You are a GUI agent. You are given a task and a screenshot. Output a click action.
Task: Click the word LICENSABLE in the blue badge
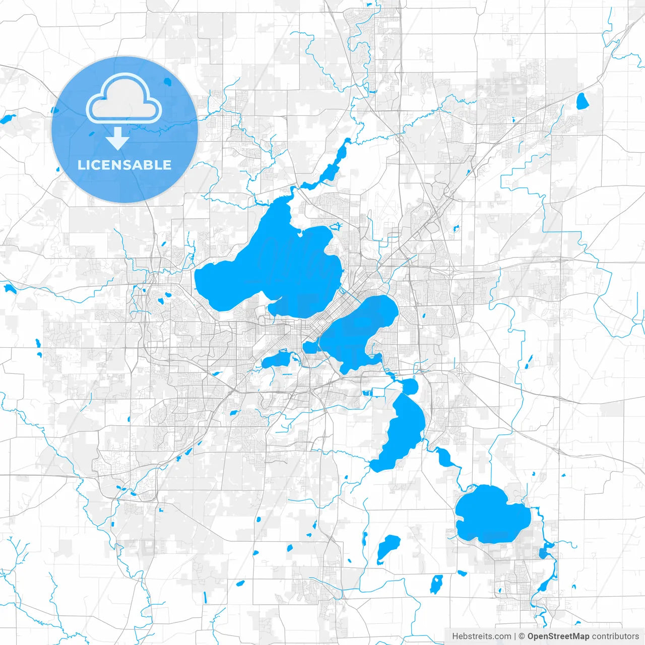(x=124, y=165)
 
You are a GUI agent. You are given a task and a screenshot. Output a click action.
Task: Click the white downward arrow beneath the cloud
(x=117, y=139)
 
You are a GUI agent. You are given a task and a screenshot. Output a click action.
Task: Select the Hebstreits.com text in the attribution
(x=481, y=636)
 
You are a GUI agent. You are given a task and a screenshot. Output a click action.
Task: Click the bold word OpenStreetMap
(x=558, y=636)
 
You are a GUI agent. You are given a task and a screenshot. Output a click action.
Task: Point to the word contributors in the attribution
(x=615, y=636)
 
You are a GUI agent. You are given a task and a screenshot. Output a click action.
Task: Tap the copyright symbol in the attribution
(x=522, y=636)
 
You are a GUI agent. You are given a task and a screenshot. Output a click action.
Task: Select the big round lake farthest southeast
(x=491, y=514)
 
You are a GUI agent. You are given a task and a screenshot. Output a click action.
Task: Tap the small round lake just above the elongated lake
(x=409, y=387)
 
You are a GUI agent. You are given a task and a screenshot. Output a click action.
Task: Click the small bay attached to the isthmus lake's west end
(x=310, y=347)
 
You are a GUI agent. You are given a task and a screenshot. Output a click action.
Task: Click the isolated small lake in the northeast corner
(x=582, y=101)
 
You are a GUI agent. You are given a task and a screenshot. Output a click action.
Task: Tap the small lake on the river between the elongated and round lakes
(x=444, y=457)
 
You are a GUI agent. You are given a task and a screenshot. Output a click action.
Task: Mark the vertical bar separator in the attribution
(x=514, y=636)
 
